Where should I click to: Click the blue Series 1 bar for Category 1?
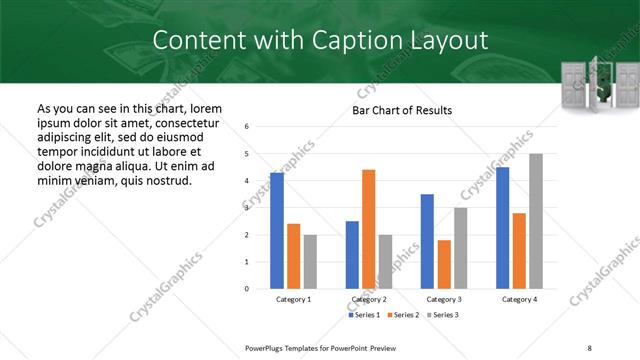click(x=277, y=231)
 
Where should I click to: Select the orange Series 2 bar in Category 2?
click(x=368, y=229)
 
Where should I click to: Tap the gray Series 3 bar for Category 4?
click(x=536, y=221)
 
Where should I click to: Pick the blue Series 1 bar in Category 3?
click(x=427, y=241)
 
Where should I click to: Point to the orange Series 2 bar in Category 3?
click(x=444, y=264)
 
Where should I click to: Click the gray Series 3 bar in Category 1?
click(x=310, y=262)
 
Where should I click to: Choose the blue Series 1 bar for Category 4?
click(x=502, y=228)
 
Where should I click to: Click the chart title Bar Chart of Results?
click(x=402, y=110)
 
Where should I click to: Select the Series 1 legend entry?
click(x=364, y=315)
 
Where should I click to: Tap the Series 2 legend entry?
click(x=403, y=315)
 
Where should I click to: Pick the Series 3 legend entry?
click(x=442, y=315)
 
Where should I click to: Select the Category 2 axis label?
click(x=369, y=299)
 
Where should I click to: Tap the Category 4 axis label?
click(x=519, y=299)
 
